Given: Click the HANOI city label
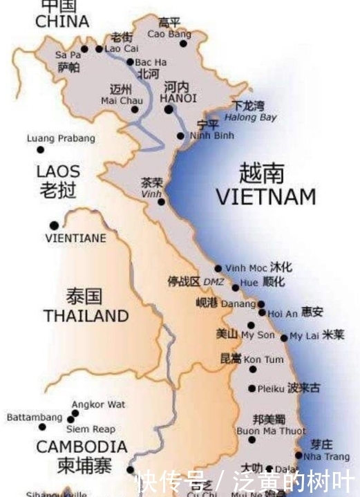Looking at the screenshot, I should coord(178,99).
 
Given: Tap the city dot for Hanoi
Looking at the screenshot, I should coord(169,109).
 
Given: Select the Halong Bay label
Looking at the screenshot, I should coord(254,117).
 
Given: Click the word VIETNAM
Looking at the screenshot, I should coord(265,196).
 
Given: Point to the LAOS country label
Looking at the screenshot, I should coord(58,171).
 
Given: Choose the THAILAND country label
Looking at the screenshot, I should coord(86,316).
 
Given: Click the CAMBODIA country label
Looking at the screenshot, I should coord(82,447).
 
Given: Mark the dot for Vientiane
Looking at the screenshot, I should coord(54,225).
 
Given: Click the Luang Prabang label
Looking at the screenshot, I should coord(61,138).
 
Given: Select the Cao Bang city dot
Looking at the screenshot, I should coord(184,44).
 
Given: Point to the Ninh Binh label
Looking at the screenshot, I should coord(212,135).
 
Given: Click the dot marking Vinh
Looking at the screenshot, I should coord(161,202).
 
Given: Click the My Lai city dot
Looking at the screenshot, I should coord(284,337).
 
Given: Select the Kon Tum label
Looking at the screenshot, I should coord(263,360).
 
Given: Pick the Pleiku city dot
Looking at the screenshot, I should coord(252,388).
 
